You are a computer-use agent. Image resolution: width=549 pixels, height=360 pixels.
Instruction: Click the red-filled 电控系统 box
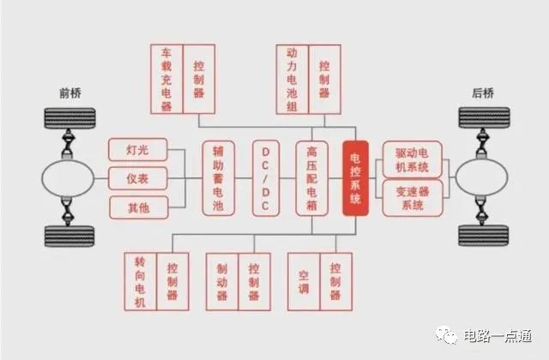tap(355, 178)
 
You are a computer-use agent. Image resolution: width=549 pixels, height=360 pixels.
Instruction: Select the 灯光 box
tap(138, 150)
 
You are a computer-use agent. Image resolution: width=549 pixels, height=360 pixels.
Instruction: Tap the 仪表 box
tap(138, 178)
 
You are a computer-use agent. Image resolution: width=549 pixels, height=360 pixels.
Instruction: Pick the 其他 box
tap(139, 207)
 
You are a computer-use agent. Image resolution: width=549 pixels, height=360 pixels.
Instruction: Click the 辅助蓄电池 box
tap(218, 178)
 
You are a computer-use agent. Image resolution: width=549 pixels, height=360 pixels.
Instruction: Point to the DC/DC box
tap(266, 178)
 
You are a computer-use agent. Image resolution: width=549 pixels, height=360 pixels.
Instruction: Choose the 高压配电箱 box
tap(311, 178)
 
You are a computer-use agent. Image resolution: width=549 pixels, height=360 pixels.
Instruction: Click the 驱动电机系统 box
tap(412, 160)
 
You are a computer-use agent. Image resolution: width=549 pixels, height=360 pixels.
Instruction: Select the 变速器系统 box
tap(413, 198)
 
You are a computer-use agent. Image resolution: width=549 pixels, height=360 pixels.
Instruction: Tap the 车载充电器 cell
tap(166, 79)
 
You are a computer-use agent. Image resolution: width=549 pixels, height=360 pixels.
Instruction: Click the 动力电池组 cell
tap(292, 80)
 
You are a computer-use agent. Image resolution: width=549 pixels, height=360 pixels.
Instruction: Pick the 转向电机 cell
tap(141, 282)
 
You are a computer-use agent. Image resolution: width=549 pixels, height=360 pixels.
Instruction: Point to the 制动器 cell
tap(222, 282)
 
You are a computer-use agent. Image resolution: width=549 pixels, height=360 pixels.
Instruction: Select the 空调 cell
tap(304, 282)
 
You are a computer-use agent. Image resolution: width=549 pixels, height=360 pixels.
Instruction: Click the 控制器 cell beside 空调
tap(335, 282)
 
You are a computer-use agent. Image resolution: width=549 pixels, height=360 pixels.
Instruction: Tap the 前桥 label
tap(70, 93)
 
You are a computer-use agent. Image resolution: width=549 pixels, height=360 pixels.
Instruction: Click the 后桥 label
tap(483, 93)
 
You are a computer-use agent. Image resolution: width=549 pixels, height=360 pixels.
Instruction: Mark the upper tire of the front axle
tap(69, 118)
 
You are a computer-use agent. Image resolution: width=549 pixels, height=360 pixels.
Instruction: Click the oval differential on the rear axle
tap(481, 177)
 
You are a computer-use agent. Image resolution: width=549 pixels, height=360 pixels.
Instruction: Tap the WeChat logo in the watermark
tap(446, 335)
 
